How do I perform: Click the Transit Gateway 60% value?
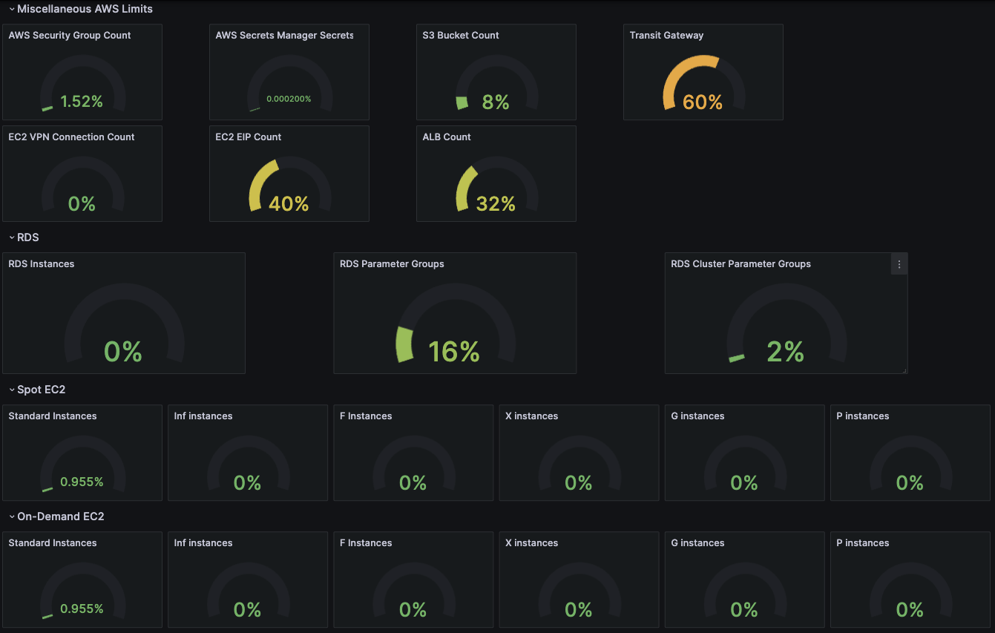point(703,102)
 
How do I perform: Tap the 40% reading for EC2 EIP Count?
point(289,203)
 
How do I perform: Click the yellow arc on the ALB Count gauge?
point(464,186)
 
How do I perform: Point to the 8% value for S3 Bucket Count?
point(495,102)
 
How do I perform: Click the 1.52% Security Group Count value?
point(82,102)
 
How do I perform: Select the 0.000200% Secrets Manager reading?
point(289,99)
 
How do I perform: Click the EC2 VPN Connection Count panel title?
point(71,137)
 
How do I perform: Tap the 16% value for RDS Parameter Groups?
point(454,351)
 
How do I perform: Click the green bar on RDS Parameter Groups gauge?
point(404,344)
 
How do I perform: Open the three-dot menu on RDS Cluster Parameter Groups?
point(899,264)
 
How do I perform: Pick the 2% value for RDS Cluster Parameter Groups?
point(785,351)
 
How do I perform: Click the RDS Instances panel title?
point(42,264)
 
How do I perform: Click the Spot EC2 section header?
point(42,390)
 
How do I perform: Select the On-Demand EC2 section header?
point(60,516)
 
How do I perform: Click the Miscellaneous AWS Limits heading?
point(85,9)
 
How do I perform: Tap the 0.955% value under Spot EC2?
point(82,482)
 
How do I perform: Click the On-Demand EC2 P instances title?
point(862,543)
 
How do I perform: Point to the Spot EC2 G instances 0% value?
point(743,483)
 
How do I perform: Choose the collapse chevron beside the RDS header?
point(11,237)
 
